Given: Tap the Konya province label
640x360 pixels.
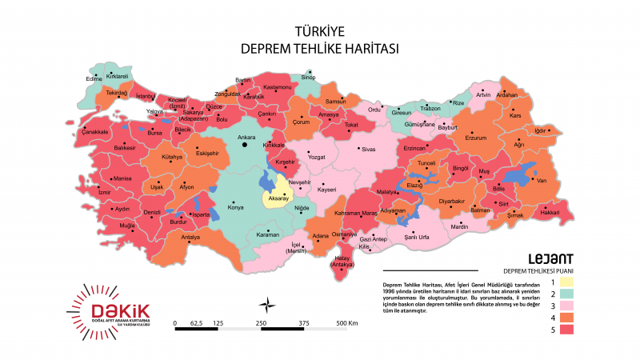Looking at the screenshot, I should pyautogui.click(x=236, y=208).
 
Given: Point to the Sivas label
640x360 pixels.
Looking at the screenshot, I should pyautogui.click(x=368, y=150).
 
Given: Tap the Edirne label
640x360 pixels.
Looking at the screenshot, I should pyautogui.click(x=94, y=79).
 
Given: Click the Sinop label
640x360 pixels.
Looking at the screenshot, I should pyautogui.click(x=308, y=78).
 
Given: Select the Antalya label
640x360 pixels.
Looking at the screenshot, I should pyautogui.click(x=190, y=238).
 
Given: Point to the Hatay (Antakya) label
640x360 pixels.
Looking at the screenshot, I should pyautogui.click(x=342, y=262).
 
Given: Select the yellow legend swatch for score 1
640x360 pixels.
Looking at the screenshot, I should pyautogui.click(x=566, y=282).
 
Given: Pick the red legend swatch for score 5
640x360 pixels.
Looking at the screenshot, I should pyautogui.click(x=566, y=330).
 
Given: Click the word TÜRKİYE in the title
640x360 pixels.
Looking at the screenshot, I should pyautogui.click(x=320, y=32).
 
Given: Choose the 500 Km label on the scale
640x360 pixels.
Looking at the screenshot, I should pyautogui.click(x=347, y=322).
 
